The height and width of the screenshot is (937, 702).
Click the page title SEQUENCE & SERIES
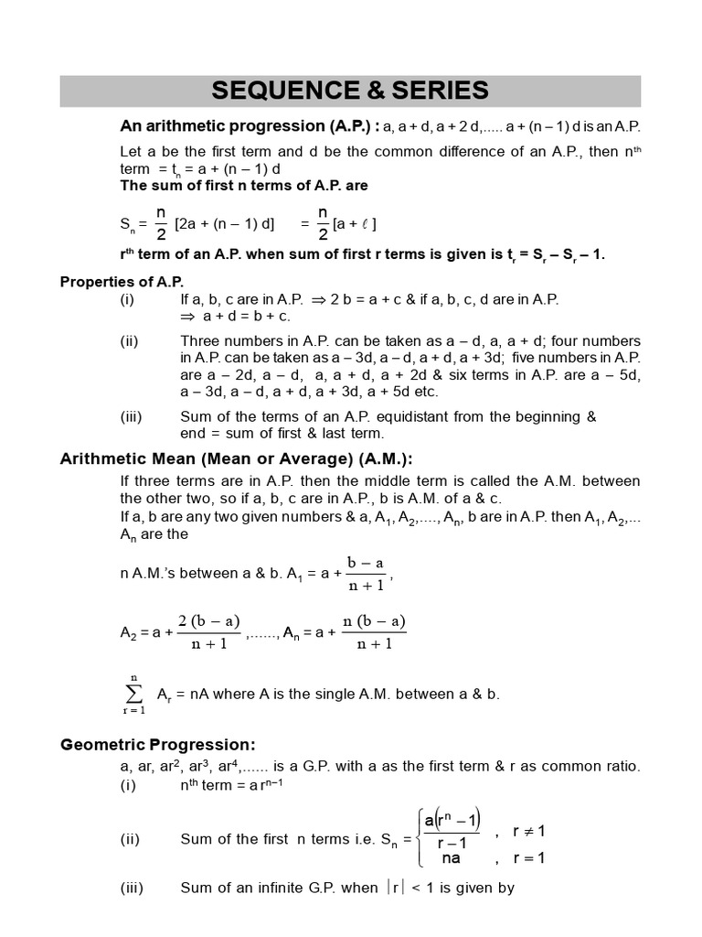[350, 91]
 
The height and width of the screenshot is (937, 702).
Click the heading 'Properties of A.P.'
[122, 282]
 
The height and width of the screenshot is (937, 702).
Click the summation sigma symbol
[134, 694]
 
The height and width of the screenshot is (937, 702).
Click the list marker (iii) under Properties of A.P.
[132, 416]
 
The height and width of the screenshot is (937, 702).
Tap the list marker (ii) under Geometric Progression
[130, 838]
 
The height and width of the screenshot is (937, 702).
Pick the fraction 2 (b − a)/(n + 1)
[209, 631]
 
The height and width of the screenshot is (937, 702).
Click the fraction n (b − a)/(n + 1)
[374, 631]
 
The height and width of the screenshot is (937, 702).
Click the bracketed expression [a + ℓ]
[356, 224]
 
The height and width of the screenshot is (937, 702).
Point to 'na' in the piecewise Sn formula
[451, 858]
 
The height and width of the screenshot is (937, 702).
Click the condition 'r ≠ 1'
[528, 832]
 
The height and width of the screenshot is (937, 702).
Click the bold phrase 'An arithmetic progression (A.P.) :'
[249, 125]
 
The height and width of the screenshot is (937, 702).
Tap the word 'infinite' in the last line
[279, 888]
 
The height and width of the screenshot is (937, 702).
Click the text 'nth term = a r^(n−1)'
[229, 785]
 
